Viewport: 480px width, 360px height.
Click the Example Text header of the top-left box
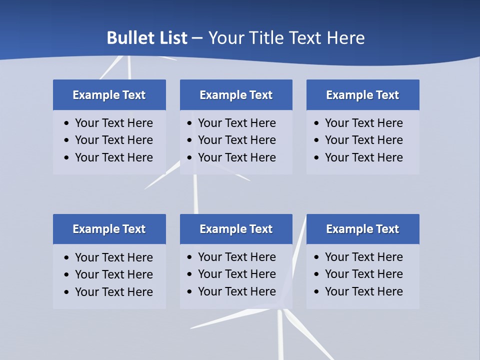click(109, 95)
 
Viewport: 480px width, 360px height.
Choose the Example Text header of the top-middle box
click(236, 95)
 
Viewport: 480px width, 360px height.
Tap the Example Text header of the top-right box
click(362, 95)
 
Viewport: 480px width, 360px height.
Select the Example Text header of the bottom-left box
click(109, 229)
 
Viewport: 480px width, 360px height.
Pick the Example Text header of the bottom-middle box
click(236, 229)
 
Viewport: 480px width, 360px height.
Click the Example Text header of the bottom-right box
click(362, 229)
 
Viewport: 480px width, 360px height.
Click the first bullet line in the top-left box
click(113, 123)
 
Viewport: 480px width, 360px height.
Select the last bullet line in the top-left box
click(113, 157)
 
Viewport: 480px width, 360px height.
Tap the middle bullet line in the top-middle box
click(236, 140)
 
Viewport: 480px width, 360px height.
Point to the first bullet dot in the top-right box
click(316, 123)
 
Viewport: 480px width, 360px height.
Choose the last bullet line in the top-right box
click(363, 157)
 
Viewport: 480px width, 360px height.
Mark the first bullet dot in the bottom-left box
click(67, 258)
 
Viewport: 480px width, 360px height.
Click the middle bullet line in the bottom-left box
click(113, 274)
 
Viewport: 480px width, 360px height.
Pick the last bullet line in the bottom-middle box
click(236, 291)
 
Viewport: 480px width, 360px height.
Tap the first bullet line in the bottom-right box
click(363, 257)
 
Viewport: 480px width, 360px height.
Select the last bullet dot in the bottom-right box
click(316, 292)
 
